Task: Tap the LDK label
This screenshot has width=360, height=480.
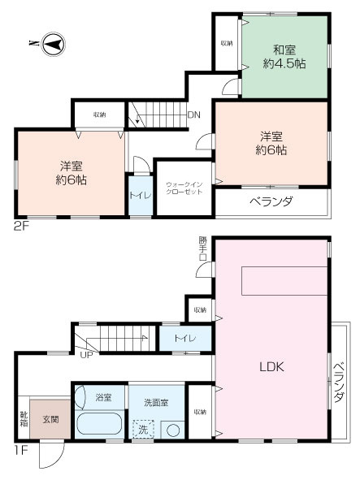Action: [271, 366]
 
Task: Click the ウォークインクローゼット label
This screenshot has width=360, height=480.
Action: [184, 188]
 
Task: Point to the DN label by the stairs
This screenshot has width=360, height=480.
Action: [193, 115]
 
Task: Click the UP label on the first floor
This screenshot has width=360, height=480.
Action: [85, 352]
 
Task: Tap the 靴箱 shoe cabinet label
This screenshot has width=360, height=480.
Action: [24, 419]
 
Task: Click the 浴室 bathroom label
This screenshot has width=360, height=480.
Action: [103, 398]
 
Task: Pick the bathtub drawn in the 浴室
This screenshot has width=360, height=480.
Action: [99, 425]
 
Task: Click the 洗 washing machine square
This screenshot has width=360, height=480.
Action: [142, 429]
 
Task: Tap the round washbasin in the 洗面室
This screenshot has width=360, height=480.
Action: [171, 430]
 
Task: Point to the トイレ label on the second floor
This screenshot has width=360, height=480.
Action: [139, 196]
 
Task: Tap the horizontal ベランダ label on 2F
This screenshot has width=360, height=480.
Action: [270, 201]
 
